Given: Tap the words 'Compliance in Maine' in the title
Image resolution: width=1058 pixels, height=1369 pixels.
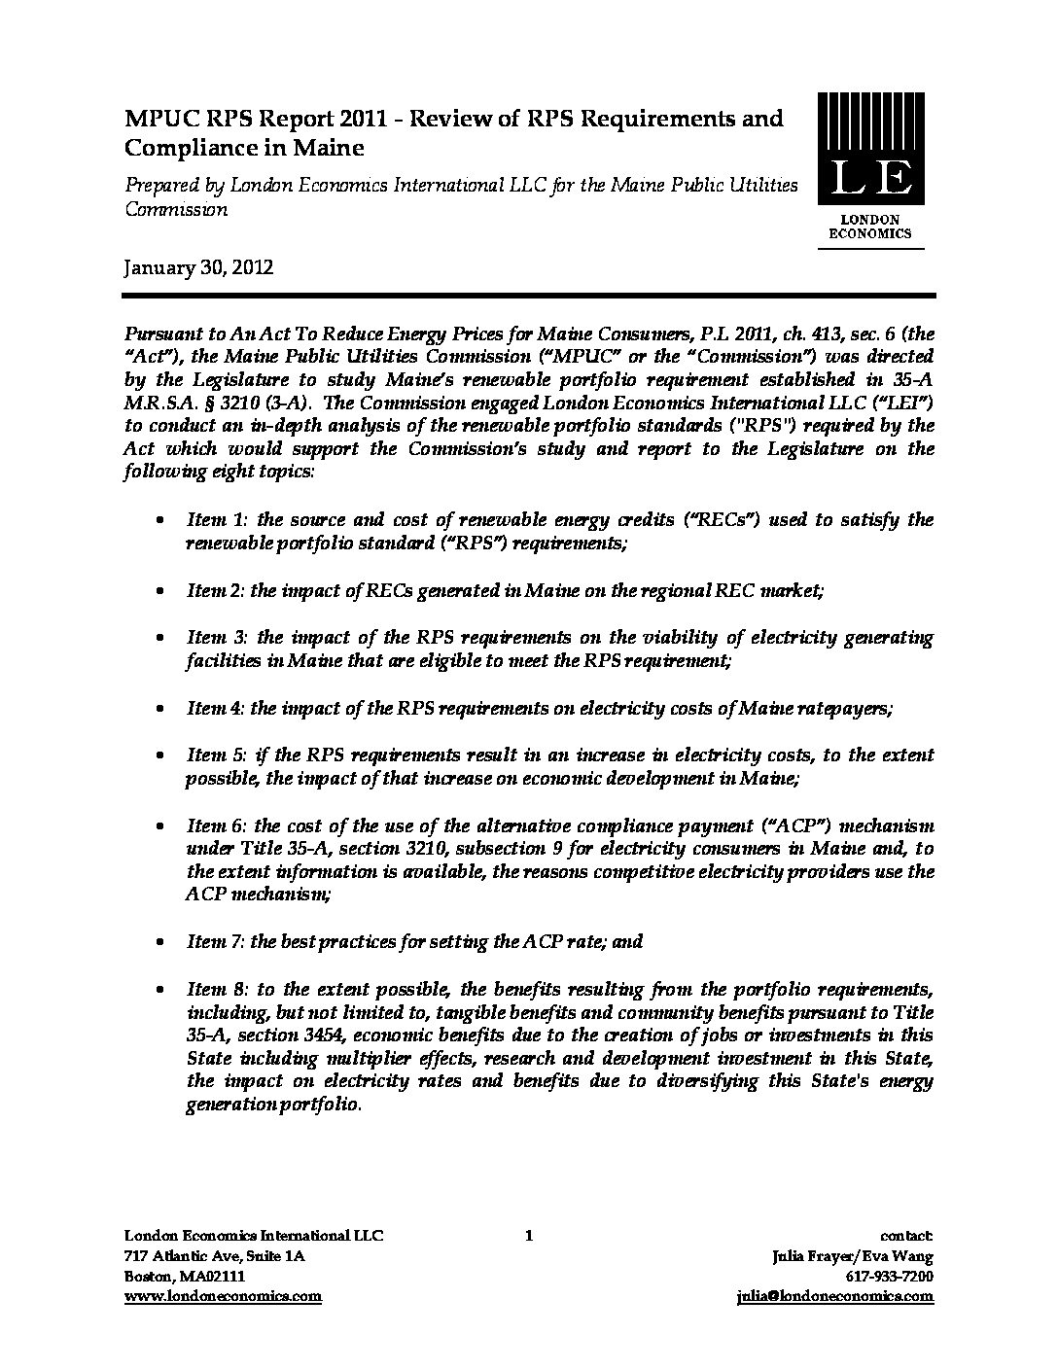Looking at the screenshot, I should [x=243, y=149].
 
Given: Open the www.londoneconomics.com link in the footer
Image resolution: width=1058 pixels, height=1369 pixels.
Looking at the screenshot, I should [x=223, y=1296].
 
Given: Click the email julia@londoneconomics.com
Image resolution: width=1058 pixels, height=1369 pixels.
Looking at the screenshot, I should [x=836, y=1296].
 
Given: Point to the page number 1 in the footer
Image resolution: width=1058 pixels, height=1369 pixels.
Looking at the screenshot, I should [x=528, y=1236].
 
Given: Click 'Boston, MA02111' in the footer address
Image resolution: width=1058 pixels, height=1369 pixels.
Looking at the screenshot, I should [x=185, y=1276].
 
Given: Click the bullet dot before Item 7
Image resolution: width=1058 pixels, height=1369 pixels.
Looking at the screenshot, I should [x=159, y=942].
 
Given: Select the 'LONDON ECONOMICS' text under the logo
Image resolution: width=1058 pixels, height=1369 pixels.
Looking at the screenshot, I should [x=869, y=227].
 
